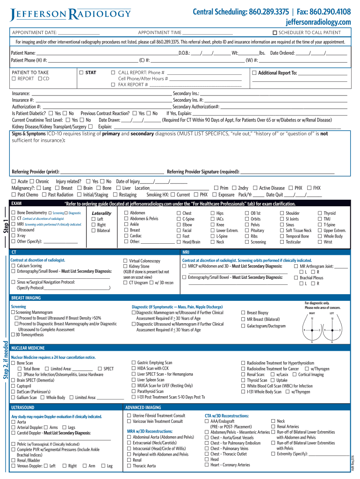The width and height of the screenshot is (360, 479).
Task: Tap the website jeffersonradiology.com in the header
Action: [x=318, y=22]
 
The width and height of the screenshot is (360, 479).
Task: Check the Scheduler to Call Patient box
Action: [x=275, y=33]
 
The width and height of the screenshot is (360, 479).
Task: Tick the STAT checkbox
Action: [x=81, y=73]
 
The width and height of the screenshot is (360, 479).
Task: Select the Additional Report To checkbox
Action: [x=254, y=73]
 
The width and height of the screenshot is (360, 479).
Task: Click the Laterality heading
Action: [x=102, y=213]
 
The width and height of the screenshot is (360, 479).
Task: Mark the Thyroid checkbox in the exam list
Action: [x=320, y=213]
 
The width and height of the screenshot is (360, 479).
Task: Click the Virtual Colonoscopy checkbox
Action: [x=125, y=261]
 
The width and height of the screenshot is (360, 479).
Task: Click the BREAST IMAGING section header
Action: [x=26, y=298]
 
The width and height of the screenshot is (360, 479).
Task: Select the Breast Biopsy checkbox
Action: [x=243, y=312]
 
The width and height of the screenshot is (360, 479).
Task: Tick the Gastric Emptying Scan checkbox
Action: [x=134, y=363]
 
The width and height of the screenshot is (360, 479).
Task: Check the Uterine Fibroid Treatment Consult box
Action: [x=129, y=415]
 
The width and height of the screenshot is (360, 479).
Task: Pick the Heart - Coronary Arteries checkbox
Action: [x=207, y=465]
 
